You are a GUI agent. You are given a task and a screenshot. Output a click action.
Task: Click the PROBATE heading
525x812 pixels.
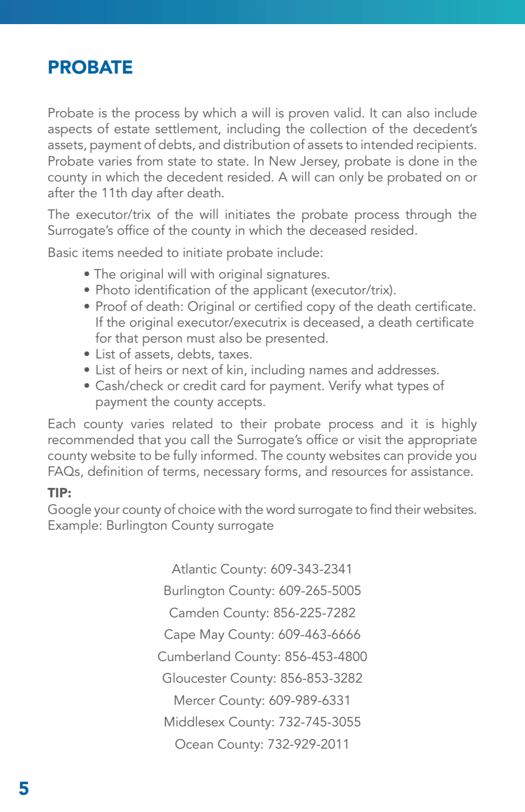[90, 68]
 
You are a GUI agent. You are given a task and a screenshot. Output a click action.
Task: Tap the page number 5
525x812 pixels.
[23, 789]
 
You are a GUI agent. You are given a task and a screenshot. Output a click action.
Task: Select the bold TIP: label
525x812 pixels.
[60, 493]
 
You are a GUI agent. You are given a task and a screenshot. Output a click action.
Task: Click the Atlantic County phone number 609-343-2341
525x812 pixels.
[311, 569]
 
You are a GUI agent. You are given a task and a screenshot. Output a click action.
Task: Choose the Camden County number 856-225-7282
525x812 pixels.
[314, 613]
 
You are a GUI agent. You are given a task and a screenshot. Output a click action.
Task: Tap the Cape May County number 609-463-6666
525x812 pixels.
[316, 634]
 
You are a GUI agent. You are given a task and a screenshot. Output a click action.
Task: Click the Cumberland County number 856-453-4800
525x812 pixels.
[326, 657]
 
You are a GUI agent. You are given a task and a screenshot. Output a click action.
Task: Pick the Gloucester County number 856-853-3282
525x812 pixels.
[321, 678]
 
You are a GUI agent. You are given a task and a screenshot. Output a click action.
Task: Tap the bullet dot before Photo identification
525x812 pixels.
[88, 291]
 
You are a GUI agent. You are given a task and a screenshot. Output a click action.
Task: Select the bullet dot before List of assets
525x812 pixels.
[88, 355]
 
